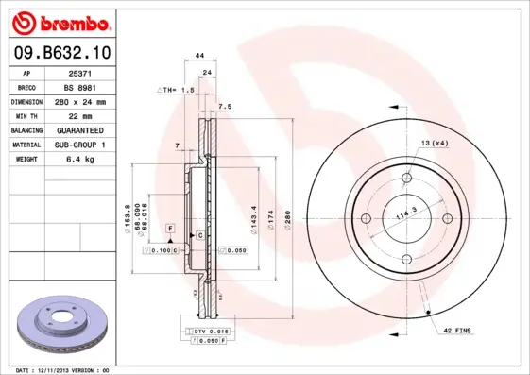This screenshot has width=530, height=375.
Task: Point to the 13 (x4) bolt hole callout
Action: click(434, 143)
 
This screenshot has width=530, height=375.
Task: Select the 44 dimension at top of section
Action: click(200, 57)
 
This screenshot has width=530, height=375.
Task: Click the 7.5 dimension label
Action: click(225, 107)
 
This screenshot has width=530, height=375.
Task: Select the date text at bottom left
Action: click(63, 370)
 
